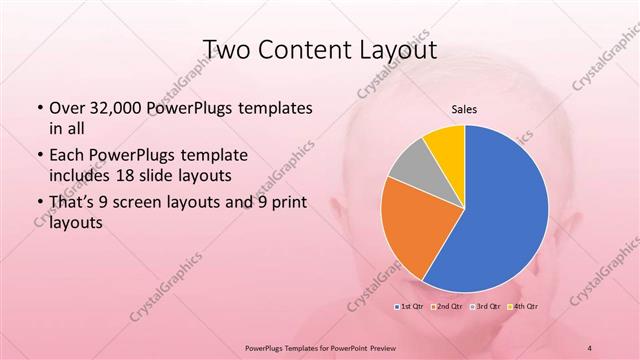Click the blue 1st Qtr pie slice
click(500, 210)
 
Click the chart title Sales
click(464, 108)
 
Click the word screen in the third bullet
click(147, 204)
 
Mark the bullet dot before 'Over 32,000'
click(39, 108)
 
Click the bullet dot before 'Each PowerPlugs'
click(39, 156)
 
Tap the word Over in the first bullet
click(67, 108)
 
